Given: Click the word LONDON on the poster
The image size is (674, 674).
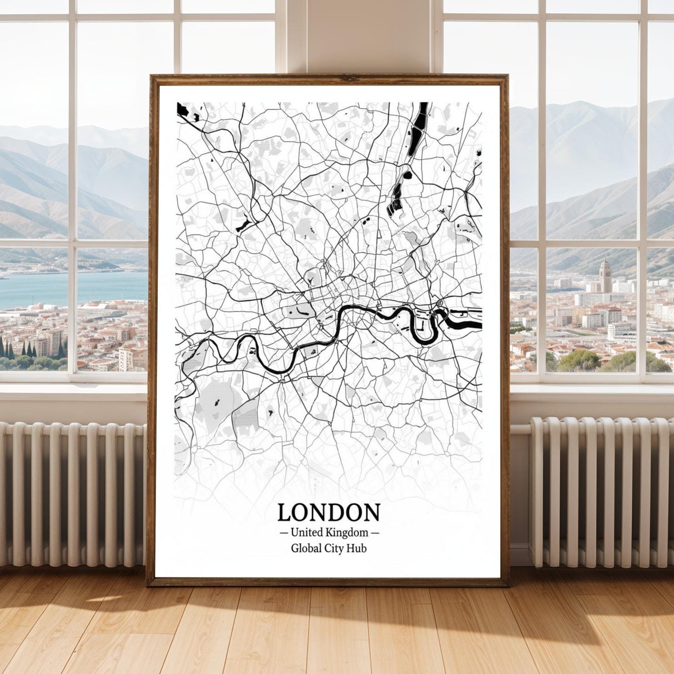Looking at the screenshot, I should (328, 512).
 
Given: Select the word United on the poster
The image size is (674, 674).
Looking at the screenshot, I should (307, 532).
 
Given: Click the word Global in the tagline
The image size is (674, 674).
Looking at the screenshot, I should (306, 548).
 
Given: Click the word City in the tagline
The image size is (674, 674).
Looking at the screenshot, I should (334, 548).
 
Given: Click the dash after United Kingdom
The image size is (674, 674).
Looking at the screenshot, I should (375, 532).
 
